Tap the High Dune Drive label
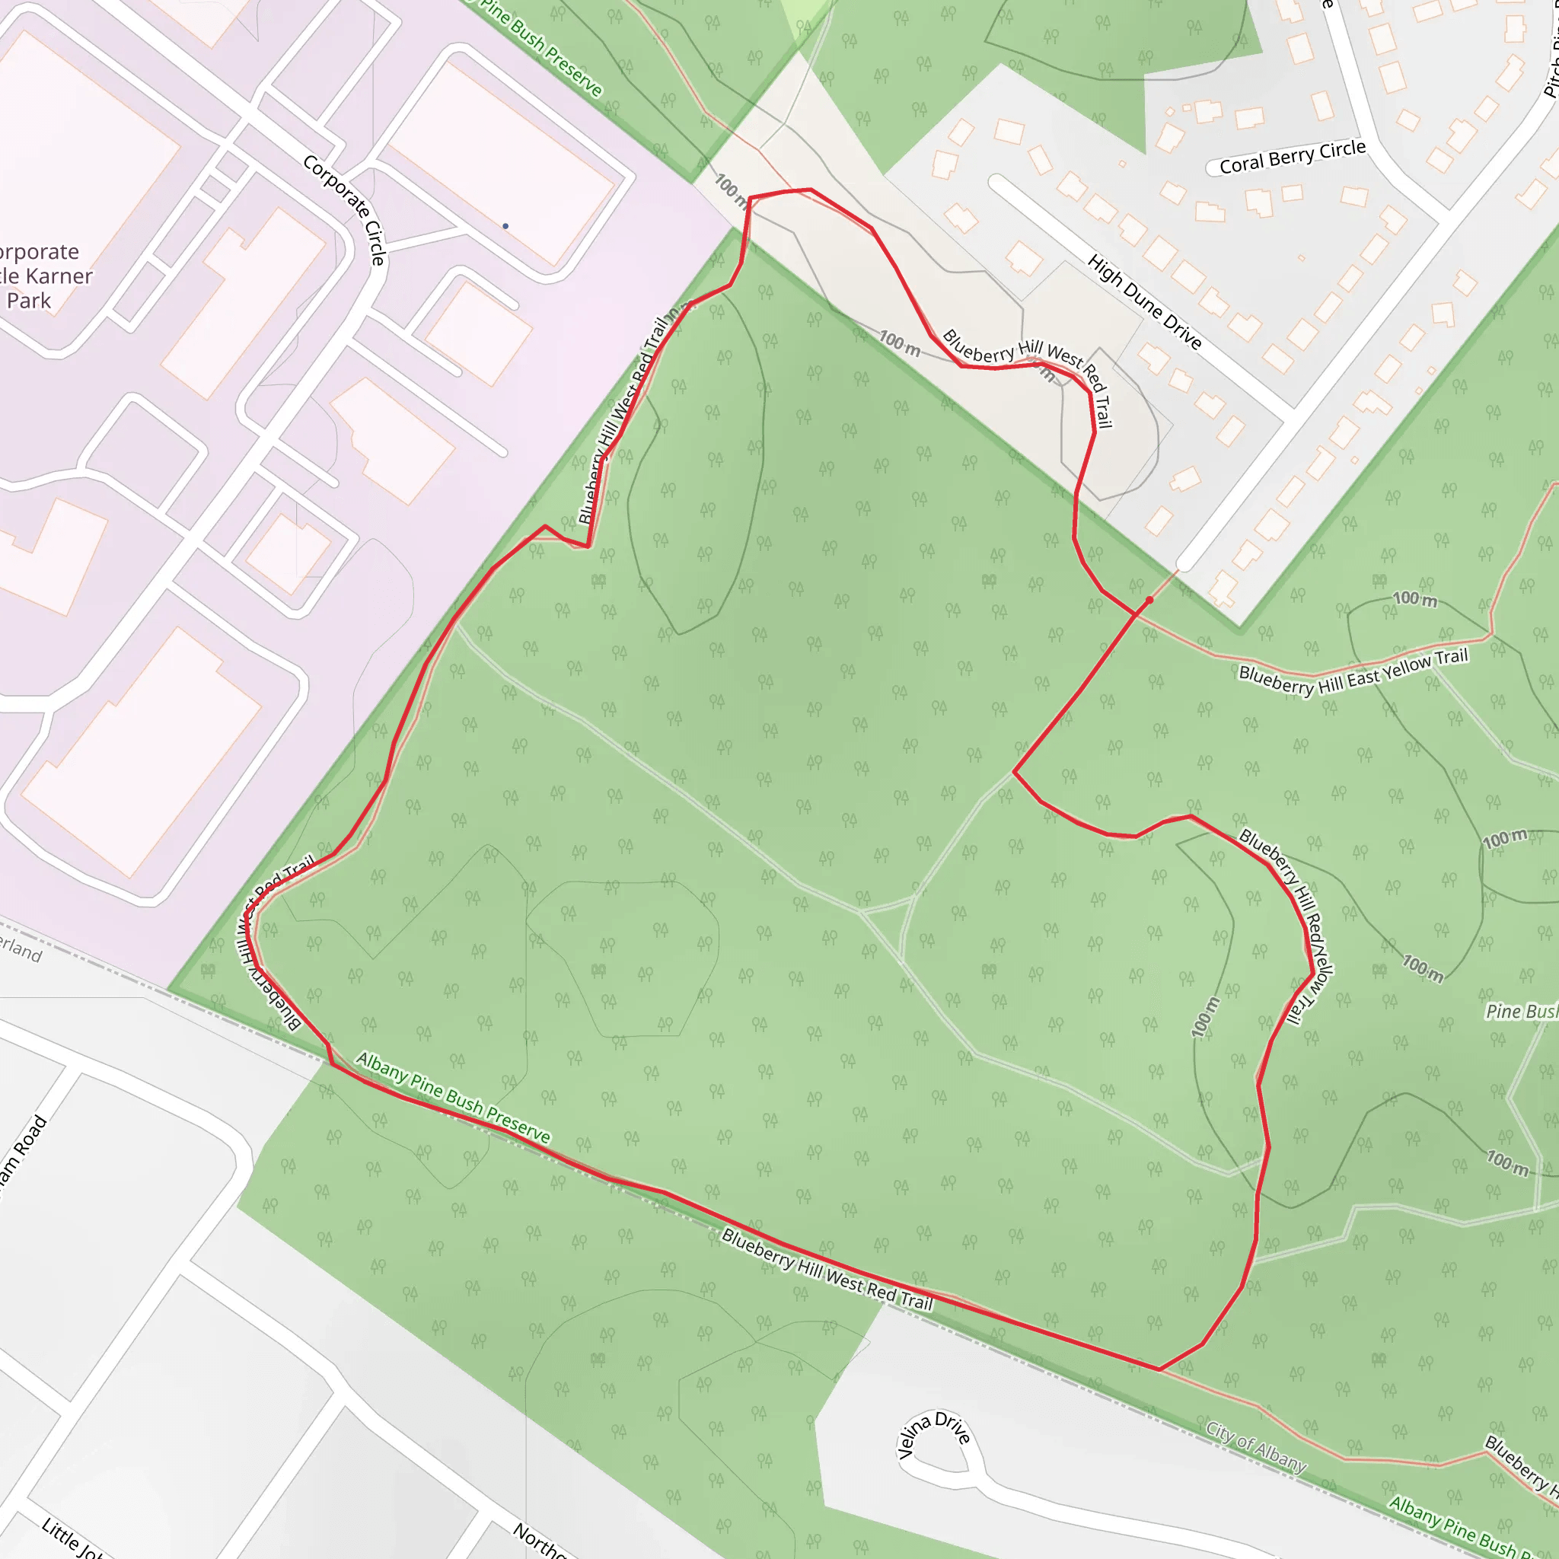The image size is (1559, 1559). (1144, 301)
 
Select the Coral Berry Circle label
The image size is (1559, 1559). (1292, 157)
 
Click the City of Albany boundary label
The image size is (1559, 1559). (1255, 1447)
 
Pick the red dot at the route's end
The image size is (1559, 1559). (1149, 601)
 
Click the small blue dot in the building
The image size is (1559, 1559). (505, 226)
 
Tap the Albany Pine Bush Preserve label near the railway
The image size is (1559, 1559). (453, 1098)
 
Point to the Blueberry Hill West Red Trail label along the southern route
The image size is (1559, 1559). (827, 1269)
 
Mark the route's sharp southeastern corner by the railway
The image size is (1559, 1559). (1159, 1369)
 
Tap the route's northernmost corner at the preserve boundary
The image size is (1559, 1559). (751, 198)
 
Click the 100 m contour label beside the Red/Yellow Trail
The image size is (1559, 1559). (1207, 1017)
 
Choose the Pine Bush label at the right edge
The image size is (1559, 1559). (1521, 1012)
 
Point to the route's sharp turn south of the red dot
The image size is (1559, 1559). (1014, 772)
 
